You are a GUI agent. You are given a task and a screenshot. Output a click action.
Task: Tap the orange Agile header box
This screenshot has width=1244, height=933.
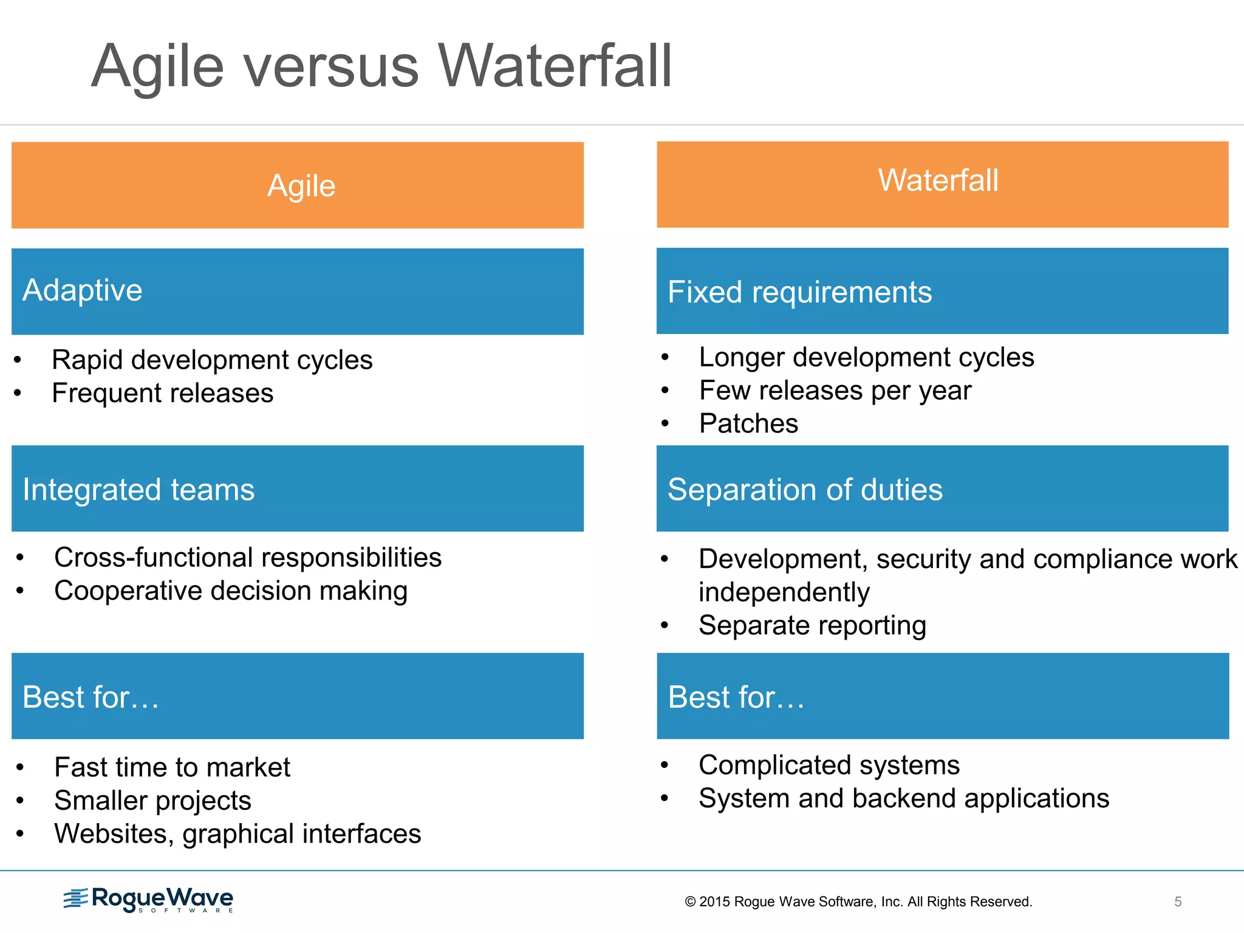(298, 185)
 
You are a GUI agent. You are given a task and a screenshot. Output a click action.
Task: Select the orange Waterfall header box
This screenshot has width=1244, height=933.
(942, 184)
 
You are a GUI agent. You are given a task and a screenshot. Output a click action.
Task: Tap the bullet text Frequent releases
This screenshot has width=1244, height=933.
(163, 393)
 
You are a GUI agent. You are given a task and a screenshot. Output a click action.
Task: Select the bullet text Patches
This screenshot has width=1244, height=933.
(748, 423)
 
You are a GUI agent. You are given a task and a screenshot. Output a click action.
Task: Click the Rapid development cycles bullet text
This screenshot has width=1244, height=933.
(212, 360)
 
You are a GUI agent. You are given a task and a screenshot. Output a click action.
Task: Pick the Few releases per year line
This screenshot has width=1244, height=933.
(835, 390)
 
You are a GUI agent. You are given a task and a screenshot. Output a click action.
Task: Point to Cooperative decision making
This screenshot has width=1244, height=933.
(231, 591)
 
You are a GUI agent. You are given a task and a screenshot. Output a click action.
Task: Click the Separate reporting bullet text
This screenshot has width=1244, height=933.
(812, 625)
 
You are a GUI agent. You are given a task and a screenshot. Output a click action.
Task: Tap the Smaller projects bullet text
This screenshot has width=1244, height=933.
(152, 801)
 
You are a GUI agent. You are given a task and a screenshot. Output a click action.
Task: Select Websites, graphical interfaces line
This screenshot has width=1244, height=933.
(238, 834)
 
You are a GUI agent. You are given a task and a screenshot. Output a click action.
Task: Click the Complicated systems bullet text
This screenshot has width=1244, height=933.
(829, 765)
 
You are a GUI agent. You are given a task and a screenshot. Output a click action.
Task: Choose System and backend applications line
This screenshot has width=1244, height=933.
(904, 798)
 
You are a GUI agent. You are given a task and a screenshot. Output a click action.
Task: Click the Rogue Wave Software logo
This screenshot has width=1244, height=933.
(149, 900)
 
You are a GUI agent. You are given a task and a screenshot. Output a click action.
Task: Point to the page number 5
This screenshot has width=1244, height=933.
(1178, 901)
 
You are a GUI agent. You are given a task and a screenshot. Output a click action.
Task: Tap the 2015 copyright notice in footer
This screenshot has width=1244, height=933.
(858, 901)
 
